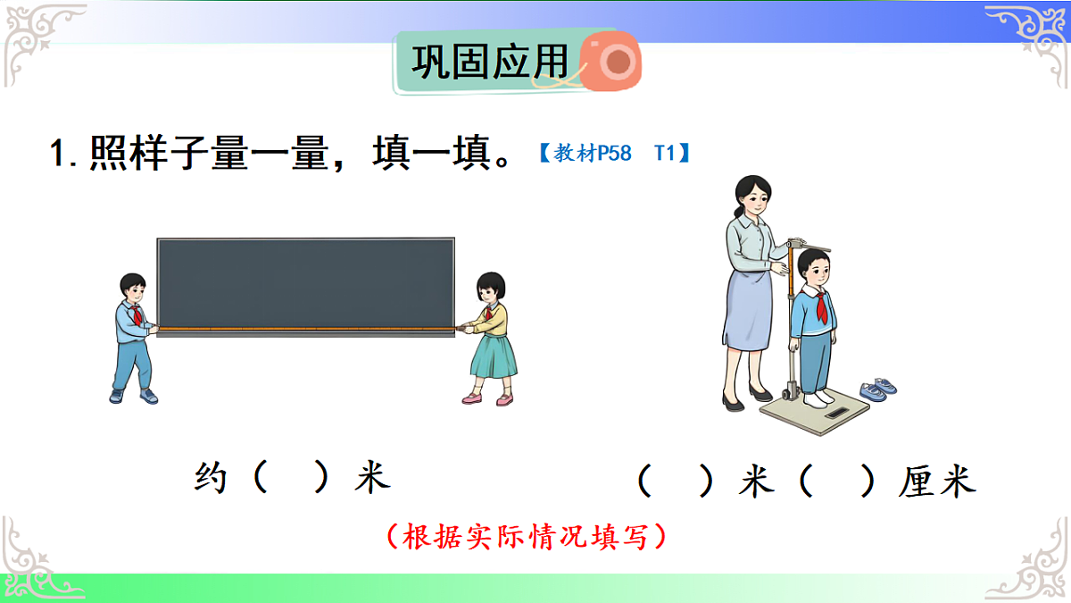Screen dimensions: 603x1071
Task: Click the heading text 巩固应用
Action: [x=489, y=63]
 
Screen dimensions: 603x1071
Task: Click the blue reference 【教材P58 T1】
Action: [x=614, y=153]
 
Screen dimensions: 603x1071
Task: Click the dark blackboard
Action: [x=305, y=281]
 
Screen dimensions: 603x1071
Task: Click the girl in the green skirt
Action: [x=490, y=339]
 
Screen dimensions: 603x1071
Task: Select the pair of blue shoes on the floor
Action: [x=878, y=389]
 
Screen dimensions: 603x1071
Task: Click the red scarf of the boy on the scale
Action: [x=820, y=306]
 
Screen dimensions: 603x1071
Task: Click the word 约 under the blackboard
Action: [x=211, y=477]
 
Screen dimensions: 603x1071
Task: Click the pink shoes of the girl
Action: [x=487, y=399]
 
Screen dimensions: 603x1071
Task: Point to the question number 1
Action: [x=59, y=154]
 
